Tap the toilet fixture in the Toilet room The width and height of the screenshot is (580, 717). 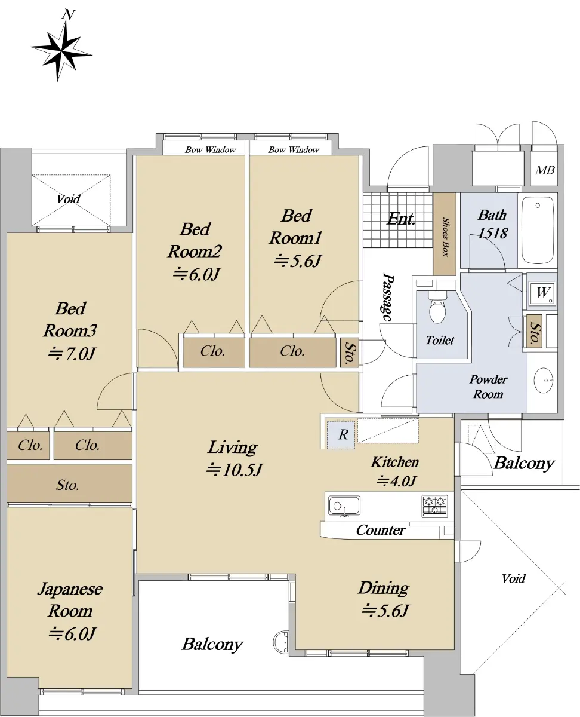pyautogui.click(x=437, y=307)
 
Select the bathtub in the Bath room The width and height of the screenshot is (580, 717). pyautogui.click(x=538, y=231)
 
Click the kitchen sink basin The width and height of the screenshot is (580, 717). pyautogui.click(x=344, y=505)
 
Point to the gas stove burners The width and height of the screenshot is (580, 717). pyautogui.click(x=434, y=506)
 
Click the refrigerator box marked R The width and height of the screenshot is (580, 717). pyautogui.click(x=341, y=434)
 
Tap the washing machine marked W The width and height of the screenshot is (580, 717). pyautogui.click(x=542, y=293)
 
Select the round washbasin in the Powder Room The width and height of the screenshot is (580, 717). pyautogui.click(x=544, y=381)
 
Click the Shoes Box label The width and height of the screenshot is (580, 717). pyautogui.click(x=446, y=237)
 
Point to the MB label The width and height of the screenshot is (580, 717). pyautogui.click(x=545, y=170)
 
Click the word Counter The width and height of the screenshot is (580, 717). pyautogui.click(x=381, y=530)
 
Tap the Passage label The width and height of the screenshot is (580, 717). pyautogui.click(x=388, y=297)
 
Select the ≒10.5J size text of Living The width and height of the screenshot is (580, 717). pyautogui.click(x=234, y=470)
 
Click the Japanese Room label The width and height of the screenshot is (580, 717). pyautogui.click(x=70, y=599)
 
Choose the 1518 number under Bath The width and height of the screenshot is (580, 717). pyautogui.click(x=492, y=233)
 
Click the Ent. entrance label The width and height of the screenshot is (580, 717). pyautogui.click(x=401, y=219)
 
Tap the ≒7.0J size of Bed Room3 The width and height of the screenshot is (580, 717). pyautogui.click(x=72, y=354)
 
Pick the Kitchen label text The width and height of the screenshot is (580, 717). pyautogui.click(x=395, y=462)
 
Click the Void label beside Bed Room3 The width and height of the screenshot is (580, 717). pyautogui.click(x=68, y=199)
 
